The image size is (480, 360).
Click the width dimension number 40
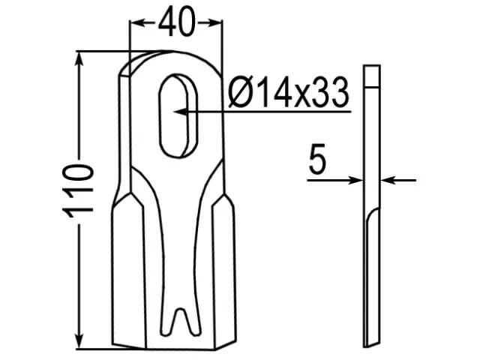pos(176,22)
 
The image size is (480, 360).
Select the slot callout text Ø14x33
pos(289,92)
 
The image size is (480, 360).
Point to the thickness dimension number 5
pos(317,159)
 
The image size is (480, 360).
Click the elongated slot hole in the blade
pos(178,115)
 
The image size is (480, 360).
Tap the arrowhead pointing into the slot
pos(181,112)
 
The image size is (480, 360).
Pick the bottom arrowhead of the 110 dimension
pos(79,340)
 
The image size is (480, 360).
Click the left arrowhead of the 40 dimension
pos(137,23)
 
